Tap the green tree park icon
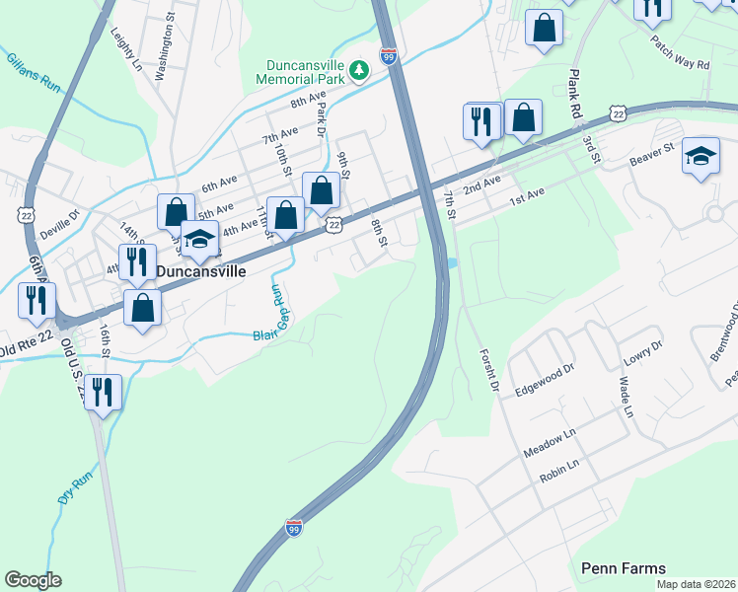[x=361, y=69]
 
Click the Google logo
[x=33, y=580]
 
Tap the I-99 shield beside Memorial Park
[x=389, y=57]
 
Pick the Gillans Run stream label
[x=33, y=74]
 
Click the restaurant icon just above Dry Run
[x=103, y=392]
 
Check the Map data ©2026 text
[x=697, y=584]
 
